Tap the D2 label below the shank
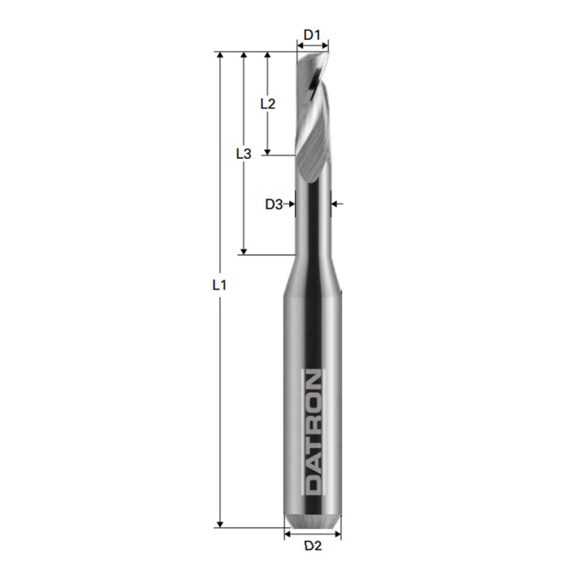click(x=313, y=546)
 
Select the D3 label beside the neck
click(x=274, y=204)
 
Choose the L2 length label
click(x=267, y=104)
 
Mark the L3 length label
click(x=243, y=153)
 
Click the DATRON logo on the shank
click(x=313, y=431)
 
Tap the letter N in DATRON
click(x=313, y=382)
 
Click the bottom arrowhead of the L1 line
click(x=219, y=523)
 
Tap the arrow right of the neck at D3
click(x=337, y=204)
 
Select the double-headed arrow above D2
click(x=313, y=534)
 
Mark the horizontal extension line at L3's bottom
click(x=267, y=255)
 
